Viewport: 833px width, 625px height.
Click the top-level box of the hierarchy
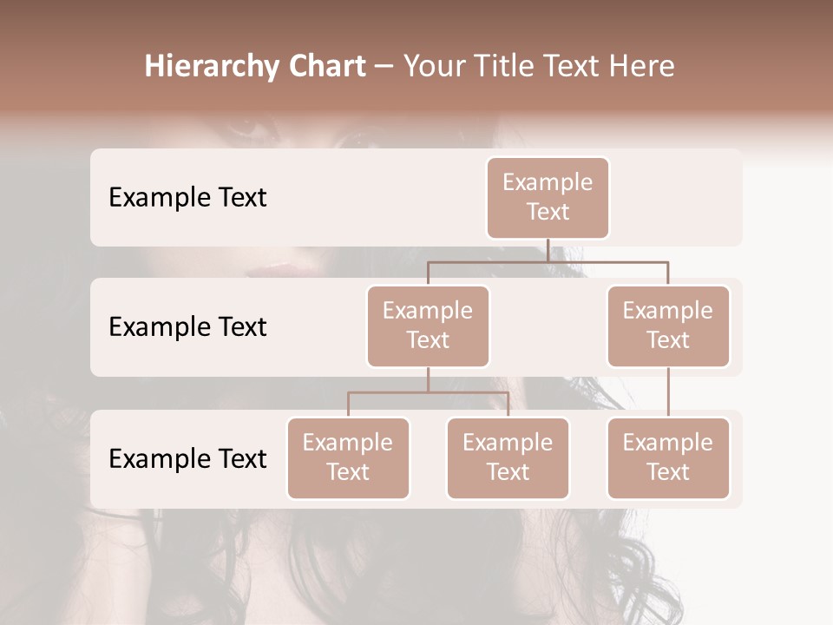pyautogui.click(x=548, y=198)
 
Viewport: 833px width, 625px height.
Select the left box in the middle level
pyautogui.click(x=428, y=326)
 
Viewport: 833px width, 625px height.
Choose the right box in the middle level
pyautogui.click(x=668, y=326)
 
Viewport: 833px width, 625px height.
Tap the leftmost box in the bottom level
pyautogui.click(x=348, y=458)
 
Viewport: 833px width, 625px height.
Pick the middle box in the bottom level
pyautogui.click(x=508, y=458)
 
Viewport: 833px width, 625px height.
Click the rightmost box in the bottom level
pyautogui.click(x=668, y=458)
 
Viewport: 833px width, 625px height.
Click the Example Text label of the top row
pyautogui.click(x=187, y=198)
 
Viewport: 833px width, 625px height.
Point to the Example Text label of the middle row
pyautogui.click(x=187, y=327)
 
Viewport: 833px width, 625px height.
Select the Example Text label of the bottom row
pyautogui.click(x=187, y=459)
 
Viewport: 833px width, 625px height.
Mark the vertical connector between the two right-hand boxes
pyautogui.click(x=668, y=392)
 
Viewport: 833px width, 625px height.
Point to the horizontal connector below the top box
pyautogui.click(x=548, y=261)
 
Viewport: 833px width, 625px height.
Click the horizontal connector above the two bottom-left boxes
pyautogui.click(x=428, y=392)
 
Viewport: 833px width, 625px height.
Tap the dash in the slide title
pyautogui.click(x=384, y=68)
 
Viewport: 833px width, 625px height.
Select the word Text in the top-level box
pyautogui.click(x=548, y=212)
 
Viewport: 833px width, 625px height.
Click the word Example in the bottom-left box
pyautogui.click(x=348, y=443)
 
